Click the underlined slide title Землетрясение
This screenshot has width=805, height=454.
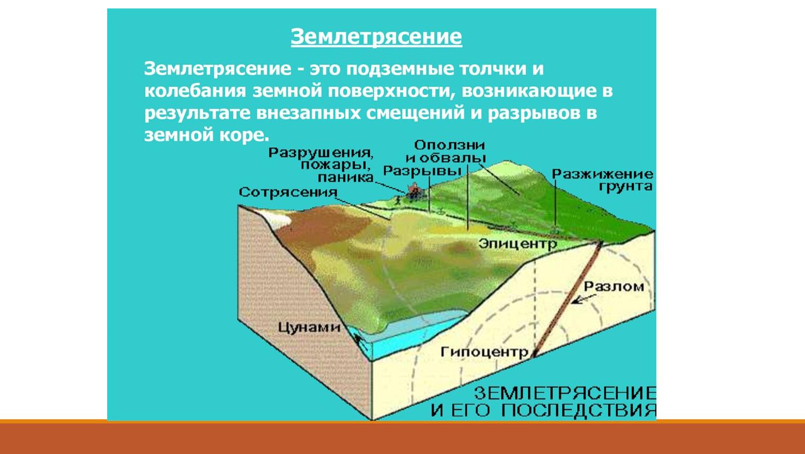pos(377,37)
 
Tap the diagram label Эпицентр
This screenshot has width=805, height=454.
pos(518,245)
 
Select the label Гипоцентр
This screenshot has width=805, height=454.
pos(485,352)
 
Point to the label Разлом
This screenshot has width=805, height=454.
pos(614,287)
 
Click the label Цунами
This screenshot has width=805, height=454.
pos(309,327)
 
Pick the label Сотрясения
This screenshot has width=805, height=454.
pos(288,192)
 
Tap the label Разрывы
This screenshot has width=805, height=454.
pos(422,171)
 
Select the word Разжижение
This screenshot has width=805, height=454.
pos(602,174)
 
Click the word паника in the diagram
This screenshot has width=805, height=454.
pos(346,178)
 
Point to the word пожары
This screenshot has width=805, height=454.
pos(336,165)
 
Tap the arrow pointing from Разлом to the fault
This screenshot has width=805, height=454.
pos(584,299)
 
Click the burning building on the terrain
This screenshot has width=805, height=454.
pos(414,191)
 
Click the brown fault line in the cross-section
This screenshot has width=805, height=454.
pos(567,299)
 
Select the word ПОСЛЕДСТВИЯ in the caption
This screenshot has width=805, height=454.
pos(579,410)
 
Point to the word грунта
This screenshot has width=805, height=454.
pos(625,187)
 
